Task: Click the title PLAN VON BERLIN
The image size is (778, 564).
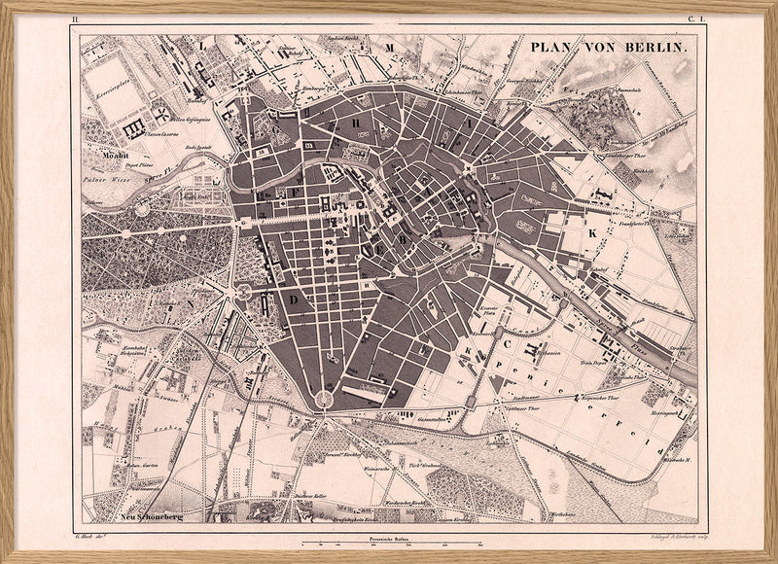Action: [x=609, y=47]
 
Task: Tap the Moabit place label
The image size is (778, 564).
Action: [x=114, y=153]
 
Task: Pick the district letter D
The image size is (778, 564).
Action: [x=294, y=300]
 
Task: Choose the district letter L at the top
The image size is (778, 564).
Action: [x=202, y=45]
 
